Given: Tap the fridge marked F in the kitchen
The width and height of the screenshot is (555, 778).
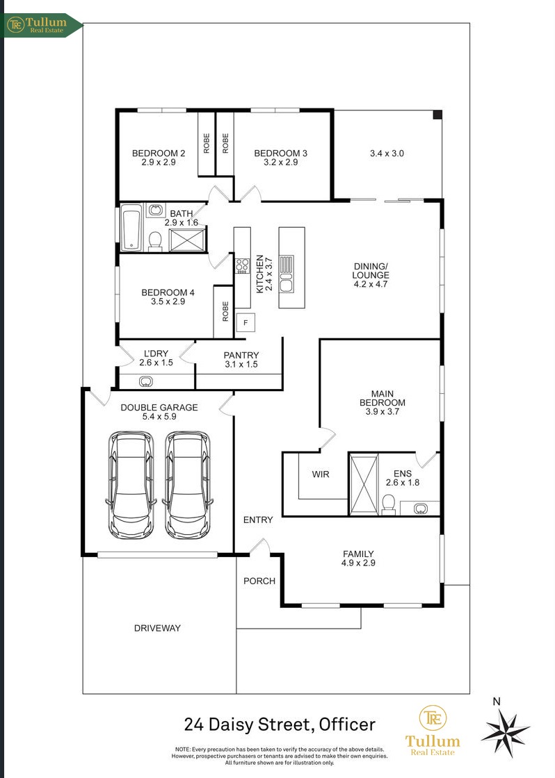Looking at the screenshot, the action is click(246, 322).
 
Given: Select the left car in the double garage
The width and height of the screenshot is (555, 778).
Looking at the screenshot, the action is click(131, 485).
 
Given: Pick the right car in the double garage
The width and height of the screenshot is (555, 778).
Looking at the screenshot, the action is click(187, 485).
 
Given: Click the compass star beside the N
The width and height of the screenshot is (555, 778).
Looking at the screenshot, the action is click(505, 732).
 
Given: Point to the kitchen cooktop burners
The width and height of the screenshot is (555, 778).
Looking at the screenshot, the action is click(242, 265).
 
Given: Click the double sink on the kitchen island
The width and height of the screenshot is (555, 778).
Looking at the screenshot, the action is click(287, 274).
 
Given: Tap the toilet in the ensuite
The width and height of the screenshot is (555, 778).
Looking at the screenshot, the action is click(389, 504).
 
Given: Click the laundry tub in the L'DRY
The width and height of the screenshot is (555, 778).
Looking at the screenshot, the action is click(146, 381).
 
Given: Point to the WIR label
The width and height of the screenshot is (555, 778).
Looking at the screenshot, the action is click(321, 474).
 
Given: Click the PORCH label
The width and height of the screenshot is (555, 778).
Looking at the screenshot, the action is click(259, 581).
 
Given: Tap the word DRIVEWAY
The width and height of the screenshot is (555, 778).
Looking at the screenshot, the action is click(157, 628).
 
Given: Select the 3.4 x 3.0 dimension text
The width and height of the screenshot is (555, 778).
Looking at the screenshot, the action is click(387, 154).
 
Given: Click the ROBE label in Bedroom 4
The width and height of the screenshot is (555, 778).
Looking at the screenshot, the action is click(225, 311).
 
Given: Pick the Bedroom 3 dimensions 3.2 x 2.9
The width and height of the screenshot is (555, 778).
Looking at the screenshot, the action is click(281, 163).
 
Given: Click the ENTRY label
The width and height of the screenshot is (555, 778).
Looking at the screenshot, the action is click(258, 520).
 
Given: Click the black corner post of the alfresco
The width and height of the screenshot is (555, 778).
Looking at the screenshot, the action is click(437, 115).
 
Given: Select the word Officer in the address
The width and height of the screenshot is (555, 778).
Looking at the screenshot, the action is click(347, 725).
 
